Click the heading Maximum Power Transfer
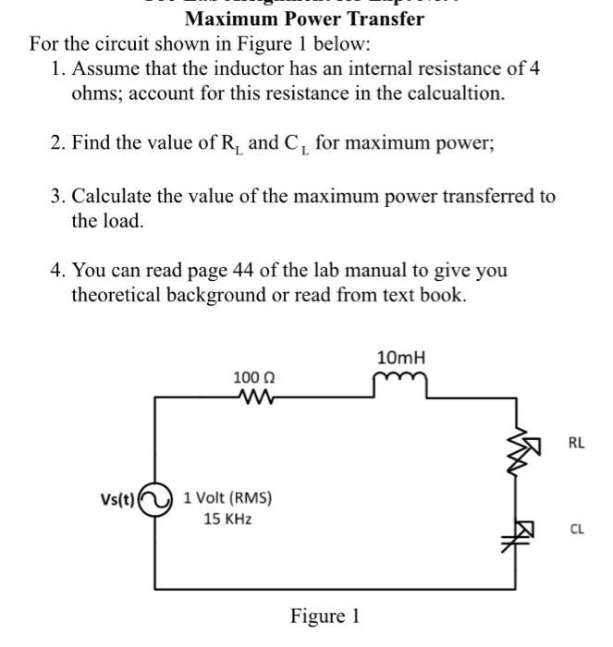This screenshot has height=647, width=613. tap(304, 18)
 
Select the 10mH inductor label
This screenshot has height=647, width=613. tap(400, 357)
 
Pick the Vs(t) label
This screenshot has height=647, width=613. tap(118, 502)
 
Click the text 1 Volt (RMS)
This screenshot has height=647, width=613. tap(227, 497)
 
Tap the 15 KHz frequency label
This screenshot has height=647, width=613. tap(227, 519)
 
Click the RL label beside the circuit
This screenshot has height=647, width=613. tap(575, 443)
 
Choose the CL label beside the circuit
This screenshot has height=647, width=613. tap(575, 530)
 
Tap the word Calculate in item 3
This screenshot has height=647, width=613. tap(113, 196)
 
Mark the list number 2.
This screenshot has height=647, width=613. tap(56, 144)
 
